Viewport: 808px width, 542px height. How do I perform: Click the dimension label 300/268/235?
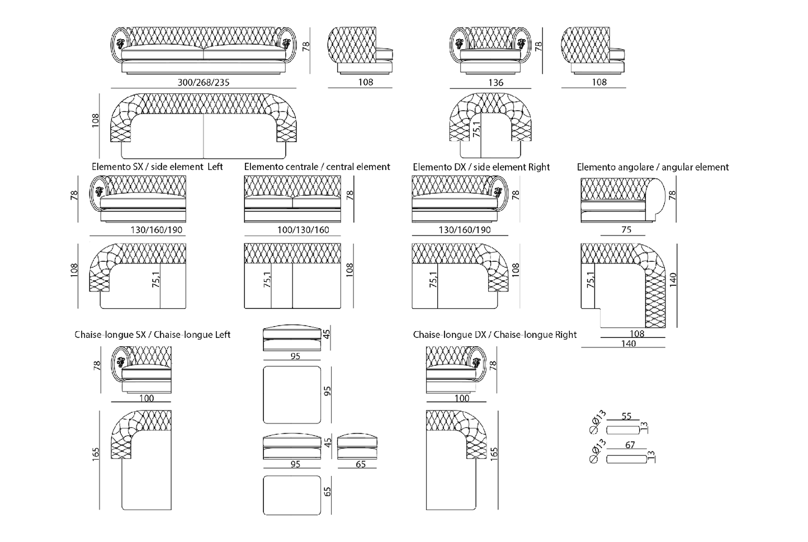pos(204,82)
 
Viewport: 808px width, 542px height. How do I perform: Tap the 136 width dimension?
pos(495,82)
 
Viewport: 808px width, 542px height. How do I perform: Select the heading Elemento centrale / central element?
pos(317,167)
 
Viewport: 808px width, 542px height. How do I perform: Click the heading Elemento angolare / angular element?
pos(653,167)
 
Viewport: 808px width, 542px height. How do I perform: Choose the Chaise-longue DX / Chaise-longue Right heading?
pos(494,334)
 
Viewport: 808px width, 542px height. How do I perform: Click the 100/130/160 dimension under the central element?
pos(303,229)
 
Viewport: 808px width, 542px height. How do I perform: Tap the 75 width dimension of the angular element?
pos(626,229)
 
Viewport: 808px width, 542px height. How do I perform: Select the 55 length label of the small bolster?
pos(626,416)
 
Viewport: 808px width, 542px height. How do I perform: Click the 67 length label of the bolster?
pos(630,445)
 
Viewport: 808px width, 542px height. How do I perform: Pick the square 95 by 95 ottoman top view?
pos(292,395)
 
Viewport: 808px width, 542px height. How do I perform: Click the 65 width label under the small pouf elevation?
pos(360,464)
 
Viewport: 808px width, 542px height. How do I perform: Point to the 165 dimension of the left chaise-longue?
pos(96,453)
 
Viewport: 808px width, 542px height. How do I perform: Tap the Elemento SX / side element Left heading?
pos(157,167)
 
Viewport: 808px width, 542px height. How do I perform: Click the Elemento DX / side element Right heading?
pos(481,167)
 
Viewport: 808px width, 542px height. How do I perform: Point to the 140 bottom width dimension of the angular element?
pos(628,343)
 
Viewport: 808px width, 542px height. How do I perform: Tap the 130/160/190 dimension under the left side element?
pos(157,229)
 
